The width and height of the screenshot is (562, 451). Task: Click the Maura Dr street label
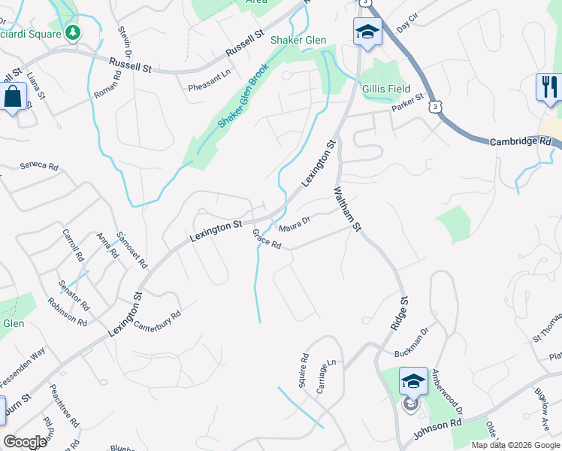tap(295, 224)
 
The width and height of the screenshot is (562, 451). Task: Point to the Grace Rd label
tap(267, 240)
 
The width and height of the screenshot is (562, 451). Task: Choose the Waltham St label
tap(348, 210)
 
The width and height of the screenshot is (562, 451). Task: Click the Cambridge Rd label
tap(520, 141)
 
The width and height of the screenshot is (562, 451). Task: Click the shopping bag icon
tap(13, 96)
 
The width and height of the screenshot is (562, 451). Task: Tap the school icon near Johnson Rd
tap(412, 381)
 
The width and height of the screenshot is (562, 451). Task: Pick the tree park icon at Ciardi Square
tap(73, 32)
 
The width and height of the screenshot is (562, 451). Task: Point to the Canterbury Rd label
tap(157, 322)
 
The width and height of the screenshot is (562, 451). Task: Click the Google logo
tap(26, 442)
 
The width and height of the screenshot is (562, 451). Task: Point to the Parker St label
tap(407, 103)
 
